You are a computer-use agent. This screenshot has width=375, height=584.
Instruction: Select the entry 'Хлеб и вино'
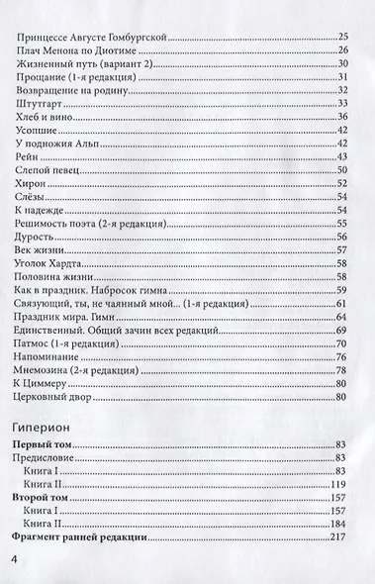(x=44, y=118)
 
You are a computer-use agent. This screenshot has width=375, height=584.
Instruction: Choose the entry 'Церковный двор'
(x=51, y=397)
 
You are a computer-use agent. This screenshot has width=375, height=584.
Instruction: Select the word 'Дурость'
(x=37, y=239)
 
